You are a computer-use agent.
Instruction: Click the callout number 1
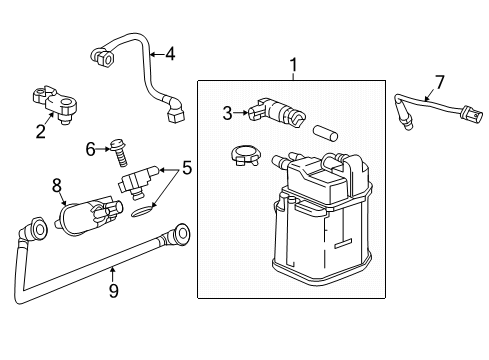click(x=293, y=66)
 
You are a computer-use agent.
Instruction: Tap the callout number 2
click(x=41, y=131)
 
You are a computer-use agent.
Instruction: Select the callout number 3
click(x=227, y=113)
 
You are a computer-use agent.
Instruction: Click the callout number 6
click(x=91, y=148)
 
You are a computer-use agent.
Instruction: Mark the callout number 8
click(x=57, y=184)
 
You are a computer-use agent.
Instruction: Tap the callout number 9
click(x=114, y=290)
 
